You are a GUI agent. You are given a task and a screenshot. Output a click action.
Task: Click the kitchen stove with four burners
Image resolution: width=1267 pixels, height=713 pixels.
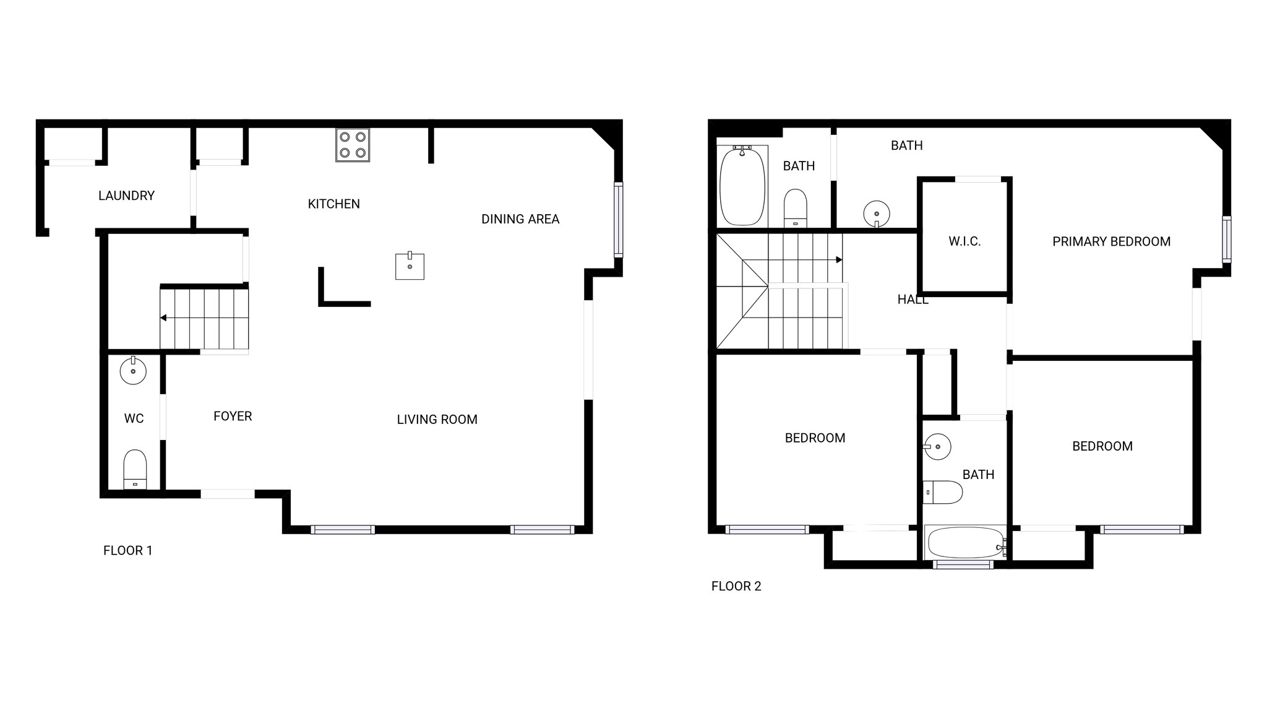tap(353, 145)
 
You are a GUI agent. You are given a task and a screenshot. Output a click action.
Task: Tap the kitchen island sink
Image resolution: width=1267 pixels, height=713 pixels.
tap(410, 266)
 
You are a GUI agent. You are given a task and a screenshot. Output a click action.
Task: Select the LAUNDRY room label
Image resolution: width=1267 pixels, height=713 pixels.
tap(126, 196)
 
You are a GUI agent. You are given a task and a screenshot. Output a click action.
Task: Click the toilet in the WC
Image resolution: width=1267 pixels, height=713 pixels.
tap(135, 469)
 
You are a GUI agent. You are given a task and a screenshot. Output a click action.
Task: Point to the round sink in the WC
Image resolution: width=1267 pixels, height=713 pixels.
tap(133, 371)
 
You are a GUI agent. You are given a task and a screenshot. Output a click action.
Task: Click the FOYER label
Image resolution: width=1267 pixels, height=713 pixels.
tap(233, 417)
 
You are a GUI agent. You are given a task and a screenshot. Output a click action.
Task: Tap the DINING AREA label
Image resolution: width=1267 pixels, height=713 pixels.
tap(520, 219)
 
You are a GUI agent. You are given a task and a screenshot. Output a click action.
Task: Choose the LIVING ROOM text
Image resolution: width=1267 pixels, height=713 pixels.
tap(437, 420)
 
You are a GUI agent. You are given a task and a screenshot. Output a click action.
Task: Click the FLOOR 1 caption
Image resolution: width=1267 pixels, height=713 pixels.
tap(127, 551)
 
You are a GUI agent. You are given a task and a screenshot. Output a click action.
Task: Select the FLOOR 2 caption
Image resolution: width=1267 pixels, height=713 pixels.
tap(736, 586)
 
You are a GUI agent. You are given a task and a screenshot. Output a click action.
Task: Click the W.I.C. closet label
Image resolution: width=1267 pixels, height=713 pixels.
tap(964, 241)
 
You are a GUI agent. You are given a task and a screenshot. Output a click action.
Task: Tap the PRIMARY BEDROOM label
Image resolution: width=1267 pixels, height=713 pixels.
tap(1111, 242)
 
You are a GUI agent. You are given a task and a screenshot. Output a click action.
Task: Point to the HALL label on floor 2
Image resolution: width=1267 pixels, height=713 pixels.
tap(913, 300)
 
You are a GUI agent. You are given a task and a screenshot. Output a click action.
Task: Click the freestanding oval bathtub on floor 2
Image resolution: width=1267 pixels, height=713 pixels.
tap(742, 186)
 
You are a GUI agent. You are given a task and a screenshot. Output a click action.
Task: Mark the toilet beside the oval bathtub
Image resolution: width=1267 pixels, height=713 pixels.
tap(796, 208)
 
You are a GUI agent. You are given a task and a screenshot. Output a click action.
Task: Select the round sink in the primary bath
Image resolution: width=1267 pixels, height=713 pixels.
tap(877, 214)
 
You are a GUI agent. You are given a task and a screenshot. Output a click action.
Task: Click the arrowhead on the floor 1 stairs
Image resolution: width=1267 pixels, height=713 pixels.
tap(163, 318)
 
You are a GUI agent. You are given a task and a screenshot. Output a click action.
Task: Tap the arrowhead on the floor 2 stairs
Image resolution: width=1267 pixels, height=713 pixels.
tap(839, 260)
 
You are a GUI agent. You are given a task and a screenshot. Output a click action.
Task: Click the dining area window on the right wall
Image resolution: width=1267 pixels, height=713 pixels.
tap(618, 219)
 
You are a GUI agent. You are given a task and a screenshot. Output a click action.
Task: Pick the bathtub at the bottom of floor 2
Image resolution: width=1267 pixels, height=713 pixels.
tap(964, 543)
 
